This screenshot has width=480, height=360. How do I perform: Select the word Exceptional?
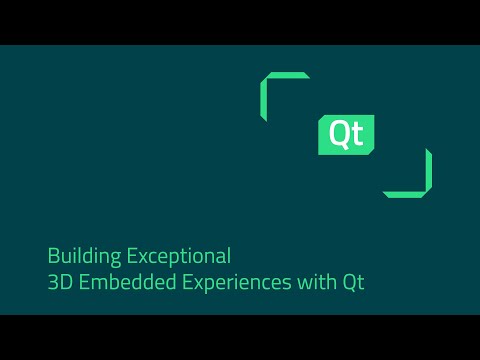(175, 255)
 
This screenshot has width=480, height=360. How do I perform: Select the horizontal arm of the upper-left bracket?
(286, 76)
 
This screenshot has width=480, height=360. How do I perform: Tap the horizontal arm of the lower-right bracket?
(404, 193)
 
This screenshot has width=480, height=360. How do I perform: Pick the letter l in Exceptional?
(229, 254)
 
